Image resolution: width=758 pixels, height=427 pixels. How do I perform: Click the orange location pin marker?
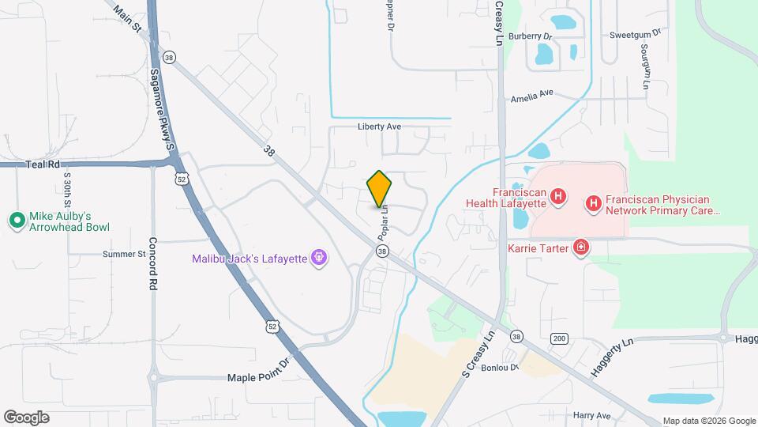pyautogui.click(x=380, y=189)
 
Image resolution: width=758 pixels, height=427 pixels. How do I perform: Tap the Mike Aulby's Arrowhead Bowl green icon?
pyautogui.click(x=16, y=221)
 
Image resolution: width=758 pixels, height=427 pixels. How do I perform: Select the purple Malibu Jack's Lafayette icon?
pyautogui.click(x=318, y=258)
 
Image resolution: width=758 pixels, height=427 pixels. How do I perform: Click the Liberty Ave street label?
pyautogui.click(x=380, y=127)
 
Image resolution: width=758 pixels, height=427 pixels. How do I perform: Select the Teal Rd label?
pyautogui.click(x=43, y=164)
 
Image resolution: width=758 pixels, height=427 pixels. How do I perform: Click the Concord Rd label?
pyautogui.click(x=154, y=265)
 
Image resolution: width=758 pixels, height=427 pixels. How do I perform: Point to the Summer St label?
pyautogui.click(x=124, y=255)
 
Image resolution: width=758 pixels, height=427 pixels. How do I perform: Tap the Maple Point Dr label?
pyautogui.click(x=258, y=378)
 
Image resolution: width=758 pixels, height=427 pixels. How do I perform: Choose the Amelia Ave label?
pyautogui.click(x=533, y=96)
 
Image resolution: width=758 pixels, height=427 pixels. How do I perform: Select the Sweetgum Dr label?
pyautogui.click(x=634, y=35)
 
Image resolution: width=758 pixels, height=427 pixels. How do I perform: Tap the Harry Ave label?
pyautogui.click(x=592, y=415)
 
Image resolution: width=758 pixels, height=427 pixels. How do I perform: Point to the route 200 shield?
pyautogui.click(x=559, y=338)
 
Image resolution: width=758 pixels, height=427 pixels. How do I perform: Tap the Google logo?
pyautogui.click(x=26, y=417)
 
